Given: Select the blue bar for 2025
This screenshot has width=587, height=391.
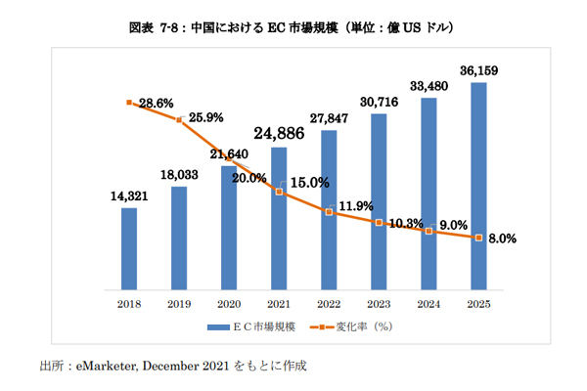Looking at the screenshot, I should coord(478,186).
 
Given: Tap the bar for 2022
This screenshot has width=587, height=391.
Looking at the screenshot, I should coord(329,209).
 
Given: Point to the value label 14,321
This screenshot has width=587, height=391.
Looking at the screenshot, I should coord(129,195).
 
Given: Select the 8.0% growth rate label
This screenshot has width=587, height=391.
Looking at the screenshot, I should coord(501,239).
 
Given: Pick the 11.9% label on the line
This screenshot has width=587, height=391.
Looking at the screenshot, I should coord(355,206).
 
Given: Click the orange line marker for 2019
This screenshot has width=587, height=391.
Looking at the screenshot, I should coord(179,120).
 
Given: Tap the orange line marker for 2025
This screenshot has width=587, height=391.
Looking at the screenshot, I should coord(478,237).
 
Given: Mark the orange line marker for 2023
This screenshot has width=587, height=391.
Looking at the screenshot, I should coord(379,223).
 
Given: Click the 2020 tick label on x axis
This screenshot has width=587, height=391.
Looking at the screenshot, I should coord(229,305).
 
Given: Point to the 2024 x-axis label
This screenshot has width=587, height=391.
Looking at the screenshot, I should coord(429,305).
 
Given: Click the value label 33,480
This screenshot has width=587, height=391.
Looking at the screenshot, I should coord(429,85).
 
